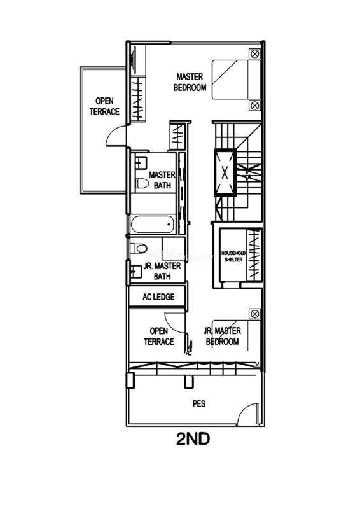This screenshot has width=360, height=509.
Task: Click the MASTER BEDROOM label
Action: click(x=190, y=82)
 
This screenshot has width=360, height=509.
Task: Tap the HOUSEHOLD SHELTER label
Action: click(x=233, y=256)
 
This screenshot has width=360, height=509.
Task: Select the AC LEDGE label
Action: click(x=158, y=296)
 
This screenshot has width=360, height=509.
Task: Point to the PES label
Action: click(x=199, y=403)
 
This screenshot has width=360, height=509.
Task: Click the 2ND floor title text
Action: click(x=193, y=439)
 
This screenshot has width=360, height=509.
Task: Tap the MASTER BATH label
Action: click(x=162, y=180)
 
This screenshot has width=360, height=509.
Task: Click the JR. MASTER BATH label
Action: click(x=162, y=271)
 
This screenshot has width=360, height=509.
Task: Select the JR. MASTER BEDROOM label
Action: click(x=223, y=336)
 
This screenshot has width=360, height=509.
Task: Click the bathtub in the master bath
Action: click(x=152, y=225)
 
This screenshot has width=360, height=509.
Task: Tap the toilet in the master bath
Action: click(x=141, y=183)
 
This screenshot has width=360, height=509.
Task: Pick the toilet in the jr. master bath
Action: click(x=139, y=249)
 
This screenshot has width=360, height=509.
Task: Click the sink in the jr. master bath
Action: click(x=135, y=272)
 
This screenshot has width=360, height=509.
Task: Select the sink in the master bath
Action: click(x=141, y=162)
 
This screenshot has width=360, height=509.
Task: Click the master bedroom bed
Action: click(x=237, y=80)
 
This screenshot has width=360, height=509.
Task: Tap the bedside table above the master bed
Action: click(x=255, y=53)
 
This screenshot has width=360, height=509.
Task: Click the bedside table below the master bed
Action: click(x=255, y=106)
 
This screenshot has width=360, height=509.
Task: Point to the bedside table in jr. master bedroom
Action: click(x=255, y=314)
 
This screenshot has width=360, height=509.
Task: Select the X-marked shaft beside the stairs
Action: click(x=225, y=172)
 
